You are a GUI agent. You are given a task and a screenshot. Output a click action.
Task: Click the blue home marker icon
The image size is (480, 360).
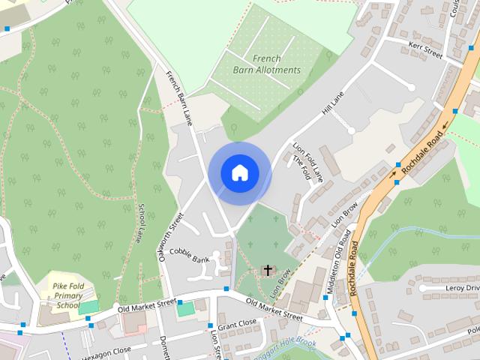point(239,173)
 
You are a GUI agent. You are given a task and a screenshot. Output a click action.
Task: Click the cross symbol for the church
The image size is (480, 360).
point(268,269)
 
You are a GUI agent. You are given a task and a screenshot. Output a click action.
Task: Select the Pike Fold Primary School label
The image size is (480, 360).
point(68,295)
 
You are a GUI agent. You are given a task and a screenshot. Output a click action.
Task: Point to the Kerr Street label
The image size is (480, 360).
point(425,49)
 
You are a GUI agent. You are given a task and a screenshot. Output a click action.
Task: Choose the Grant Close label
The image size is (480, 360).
point(237,323)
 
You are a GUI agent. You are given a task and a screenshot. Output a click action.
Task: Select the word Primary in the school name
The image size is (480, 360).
point(68,295)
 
